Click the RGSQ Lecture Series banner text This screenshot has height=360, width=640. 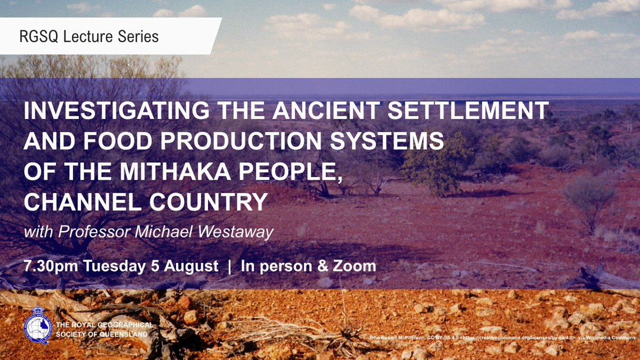click(x=89, y=37)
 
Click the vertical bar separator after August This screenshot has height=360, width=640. click(x=230, y=266)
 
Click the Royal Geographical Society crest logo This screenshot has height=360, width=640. click(x=38, y=324)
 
